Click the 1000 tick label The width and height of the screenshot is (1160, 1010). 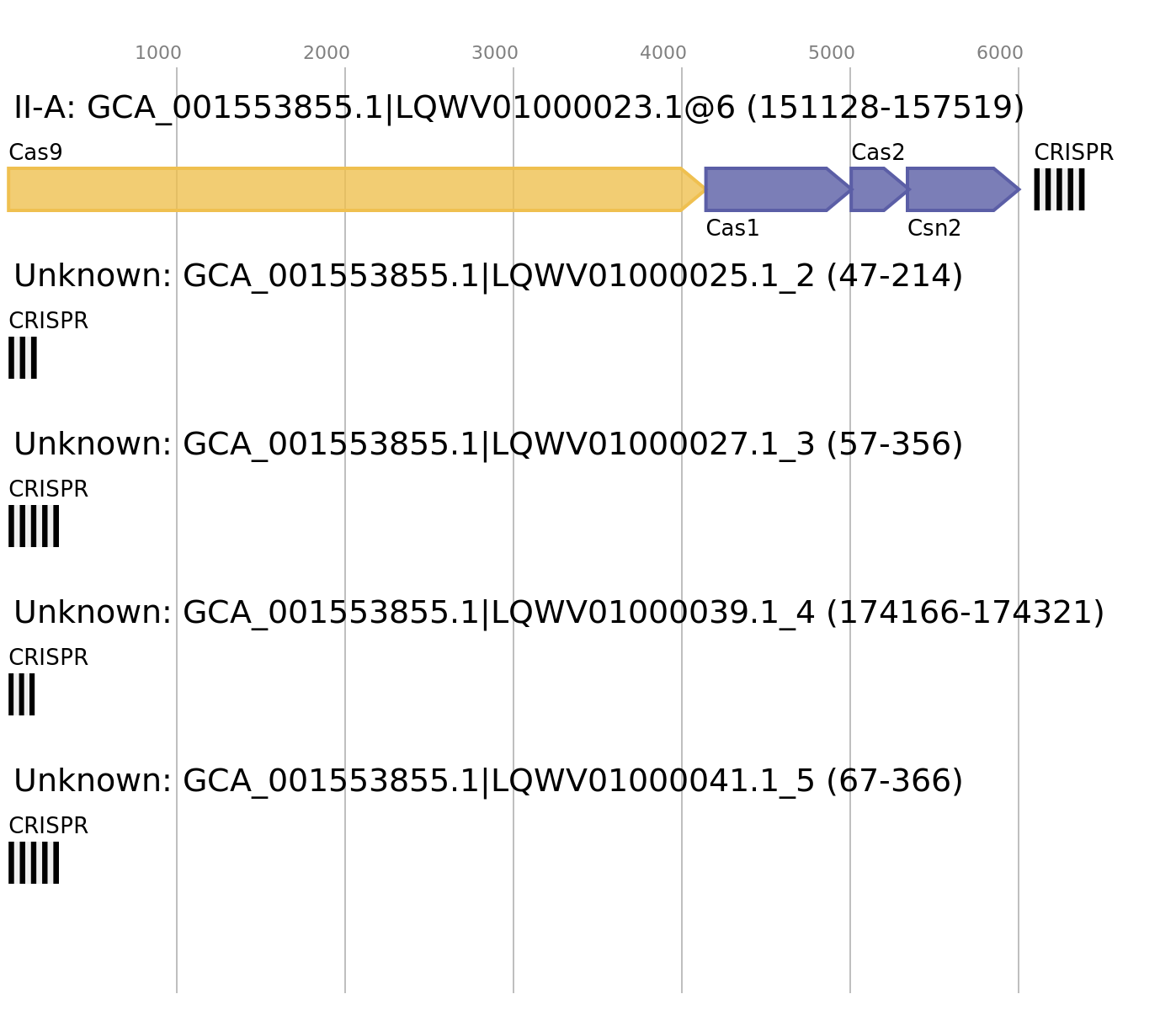click(x=158, y=53)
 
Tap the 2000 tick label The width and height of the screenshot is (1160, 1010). click(x=327, y=53)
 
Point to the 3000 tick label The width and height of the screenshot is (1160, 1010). click(x=495, y=53)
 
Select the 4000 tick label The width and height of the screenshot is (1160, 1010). click(x=663, y=53)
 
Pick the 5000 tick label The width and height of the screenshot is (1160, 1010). click(x=832, y=53)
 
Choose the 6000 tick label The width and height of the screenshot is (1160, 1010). click(x=1000, y=53)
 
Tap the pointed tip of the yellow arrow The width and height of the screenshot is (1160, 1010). click(x=702, y=189)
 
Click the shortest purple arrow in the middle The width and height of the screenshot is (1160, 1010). click(x=875, y=189)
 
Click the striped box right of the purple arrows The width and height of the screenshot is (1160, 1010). click(x=1059, y=189)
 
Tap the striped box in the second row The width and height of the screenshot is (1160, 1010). click(x=23, y=358)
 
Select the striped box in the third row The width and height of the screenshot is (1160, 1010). click(x=34, y=526)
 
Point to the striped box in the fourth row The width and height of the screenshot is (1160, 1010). click(x=22, y=694)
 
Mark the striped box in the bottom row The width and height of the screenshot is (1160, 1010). click(x=34, y=863)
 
